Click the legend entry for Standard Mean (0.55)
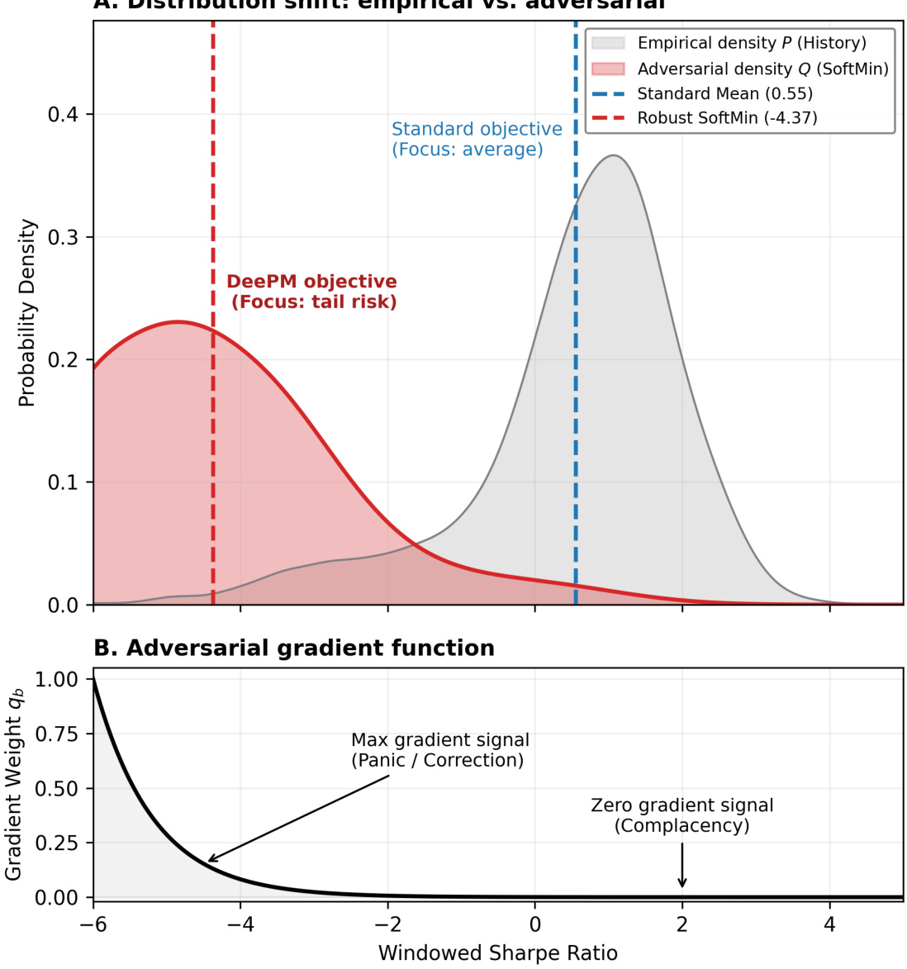pos(724,93)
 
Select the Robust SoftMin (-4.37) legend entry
pos(727,118)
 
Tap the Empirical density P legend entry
pos(752,43)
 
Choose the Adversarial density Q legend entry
pos(762,69)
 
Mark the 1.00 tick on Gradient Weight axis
pos(57,679)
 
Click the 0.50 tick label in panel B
pos(57,788)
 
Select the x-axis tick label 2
pos(682,924)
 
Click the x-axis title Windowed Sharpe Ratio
pos(497,953)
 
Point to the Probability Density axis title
pos(27,313)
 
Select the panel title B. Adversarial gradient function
pos(294,648)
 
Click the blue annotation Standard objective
pos(477,139)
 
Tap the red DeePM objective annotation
pos(312,292)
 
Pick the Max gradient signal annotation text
pos(439,750)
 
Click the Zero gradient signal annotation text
pos(682,815)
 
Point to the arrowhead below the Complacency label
pos(682,885)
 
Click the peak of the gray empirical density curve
pos(614,155)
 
